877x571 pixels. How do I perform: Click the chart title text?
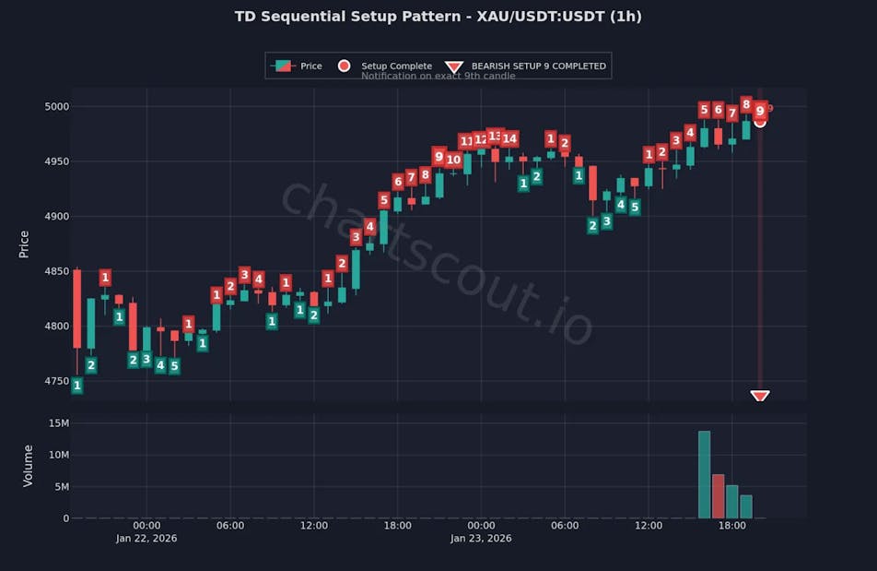[x=438, y=17]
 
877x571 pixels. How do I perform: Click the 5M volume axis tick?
[x=60, y=486]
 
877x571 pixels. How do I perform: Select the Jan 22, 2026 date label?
[x=146, y=539]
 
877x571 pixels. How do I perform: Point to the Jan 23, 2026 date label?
[x=481, y=539]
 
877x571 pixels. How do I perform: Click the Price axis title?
[x=25, y=244]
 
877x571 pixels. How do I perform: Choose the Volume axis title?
[x=28, y=466]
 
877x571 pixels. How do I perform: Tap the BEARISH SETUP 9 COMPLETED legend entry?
[x=538, y=66]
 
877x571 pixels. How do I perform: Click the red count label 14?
[x=509, y=139]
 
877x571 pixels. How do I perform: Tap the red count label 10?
[x=453, y=160]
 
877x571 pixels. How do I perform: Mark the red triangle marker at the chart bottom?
[x=760, y=397]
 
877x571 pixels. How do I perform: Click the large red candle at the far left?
[x=77, y=308]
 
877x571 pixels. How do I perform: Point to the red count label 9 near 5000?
[x=760, y=111]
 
